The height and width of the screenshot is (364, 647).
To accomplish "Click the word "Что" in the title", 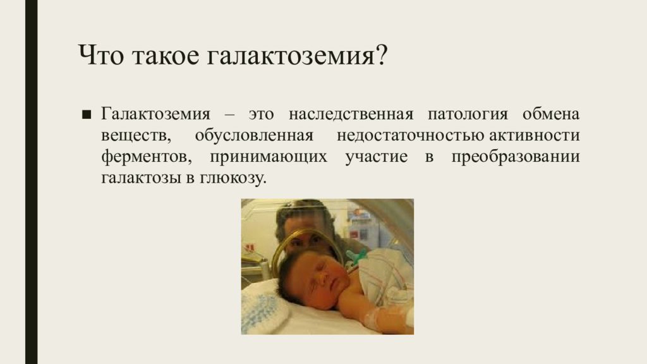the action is click(x=100, y=55).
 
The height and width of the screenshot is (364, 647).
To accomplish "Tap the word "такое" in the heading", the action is click(x=166, y=56).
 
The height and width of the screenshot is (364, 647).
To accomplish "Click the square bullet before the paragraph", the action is click(x=86, y=114).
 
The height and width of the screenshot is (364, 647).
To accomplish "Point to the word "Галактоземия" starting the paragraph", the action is click(x=155, y=114).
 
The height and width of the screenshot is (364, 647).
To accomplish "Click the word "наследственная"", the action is click(x=351, y=114).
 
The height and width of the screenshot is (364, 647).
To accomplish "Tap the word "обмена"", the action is click(x=551, y=114).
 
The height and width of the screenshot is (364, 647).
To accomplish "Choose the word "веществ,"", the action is click(x=136, y=136).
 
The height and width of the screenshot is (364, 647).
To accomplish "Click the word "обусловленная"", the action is click(x=254, y=135).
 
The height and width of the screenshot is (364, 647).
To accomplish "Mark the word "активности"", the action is click(x=535, y=135).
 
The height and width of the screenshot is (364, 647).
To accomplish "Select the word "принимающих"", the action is click(x=268, y=157).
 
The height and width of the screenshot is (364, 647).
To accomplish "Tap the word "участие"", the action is click(x=377, y=157).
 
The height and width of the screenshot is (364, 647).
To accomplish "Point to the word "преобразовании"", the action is click(x=516, y=157).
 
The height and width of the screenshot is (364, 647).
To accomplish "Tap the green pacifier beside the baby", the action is click(x=356, y=257).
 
